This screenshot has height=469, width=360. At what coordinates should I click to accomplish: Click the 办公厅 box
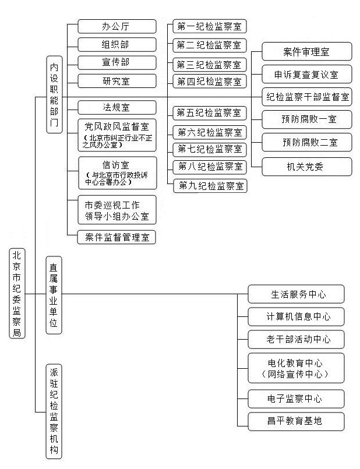point(117,26)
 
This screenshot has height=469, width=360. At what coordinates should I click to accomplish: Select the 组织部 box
point(117,44)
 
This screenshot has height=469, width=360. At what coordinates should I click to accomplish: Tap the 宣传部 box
point(117,62)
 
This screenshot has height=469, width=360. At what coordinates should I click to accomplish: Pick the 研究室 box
point(117,81)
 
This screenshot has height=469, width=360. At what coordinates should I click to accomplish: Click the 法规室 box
point(117,107)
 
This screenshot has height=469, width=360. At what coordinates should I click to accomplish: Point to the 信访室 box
point(118,173)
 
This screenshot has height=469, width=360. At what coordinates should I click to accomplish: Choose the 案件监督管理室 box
point(117,237)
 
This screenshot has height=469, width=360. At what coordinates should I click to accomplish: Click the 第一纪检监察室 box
point(210,26)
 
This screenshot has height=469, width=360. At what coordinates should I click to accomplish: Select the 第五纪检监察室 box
point(210,113)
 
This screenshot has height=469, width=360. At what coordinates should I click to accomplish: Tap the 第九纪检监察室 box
point(210,186)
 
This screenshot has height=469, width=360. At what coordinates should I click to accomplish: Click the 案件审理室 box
point(307,52)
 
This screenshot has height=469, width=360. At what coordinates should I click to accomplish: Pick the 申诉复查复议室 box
point(307,74)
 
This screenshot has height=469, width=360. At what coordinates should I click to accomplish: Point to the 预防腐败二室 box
point(307,142)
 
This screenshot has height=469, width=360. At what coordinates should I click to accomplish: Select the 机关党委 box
point(307,167)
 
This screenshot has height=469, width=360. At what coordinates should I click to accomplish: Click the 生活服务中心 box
point(296,294)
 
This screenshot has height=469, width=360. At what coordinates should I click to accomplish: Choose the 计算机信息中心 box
point(296,317)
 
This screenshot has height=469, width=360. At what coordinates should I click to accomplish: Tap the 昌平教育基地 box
point(296,421)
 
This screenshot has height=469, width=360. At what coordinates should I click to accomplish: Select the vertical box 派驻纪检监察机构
point(54,411)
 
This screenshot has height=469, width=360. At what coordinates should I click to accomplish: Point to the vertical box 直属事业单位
point(54,295)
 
